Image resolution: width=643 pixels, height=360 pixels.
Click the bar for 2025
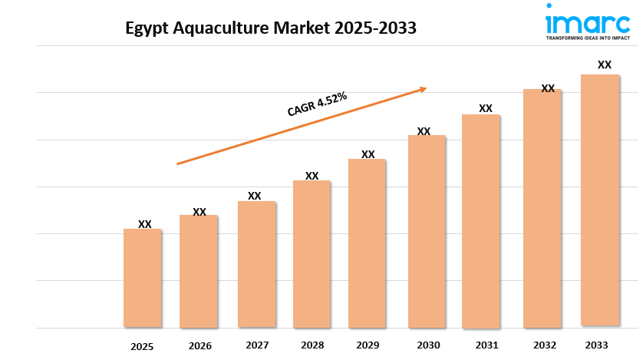(x=143, y=278)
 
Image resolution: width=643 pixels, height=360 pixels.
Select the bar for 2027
(x=256, y=264)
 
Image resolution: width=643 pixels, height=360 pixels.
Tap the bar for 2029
(x=368, y=243)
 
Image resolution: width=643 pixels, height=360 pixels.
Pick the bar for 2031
(x=481, y=221)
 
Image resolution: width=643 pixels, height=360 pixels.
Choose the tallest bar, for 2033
(x=600, y=200)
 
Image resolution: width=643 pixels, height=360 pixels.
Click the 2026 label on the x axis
(x=199, y=346)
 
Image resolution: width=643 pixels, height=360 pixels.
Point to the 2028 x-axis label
(x=312, y=345)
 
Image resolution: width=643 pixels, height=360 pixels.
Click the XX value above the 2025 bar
(x=145, y=224)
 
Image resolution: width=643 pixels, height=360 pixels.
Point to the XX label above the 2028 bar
(x=312, y=176)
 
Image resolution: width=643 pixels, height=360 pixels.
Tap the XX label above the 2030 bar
(x=424, y=131)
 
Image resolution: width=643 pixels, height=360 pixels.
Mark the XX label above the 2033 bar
(x=605, y=64)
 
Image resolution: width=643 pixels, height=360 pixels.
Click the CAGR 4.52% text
(x=318, y=104)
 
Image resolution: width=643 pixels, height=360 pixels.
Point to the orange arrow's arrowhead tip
(x=426, y=88)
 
